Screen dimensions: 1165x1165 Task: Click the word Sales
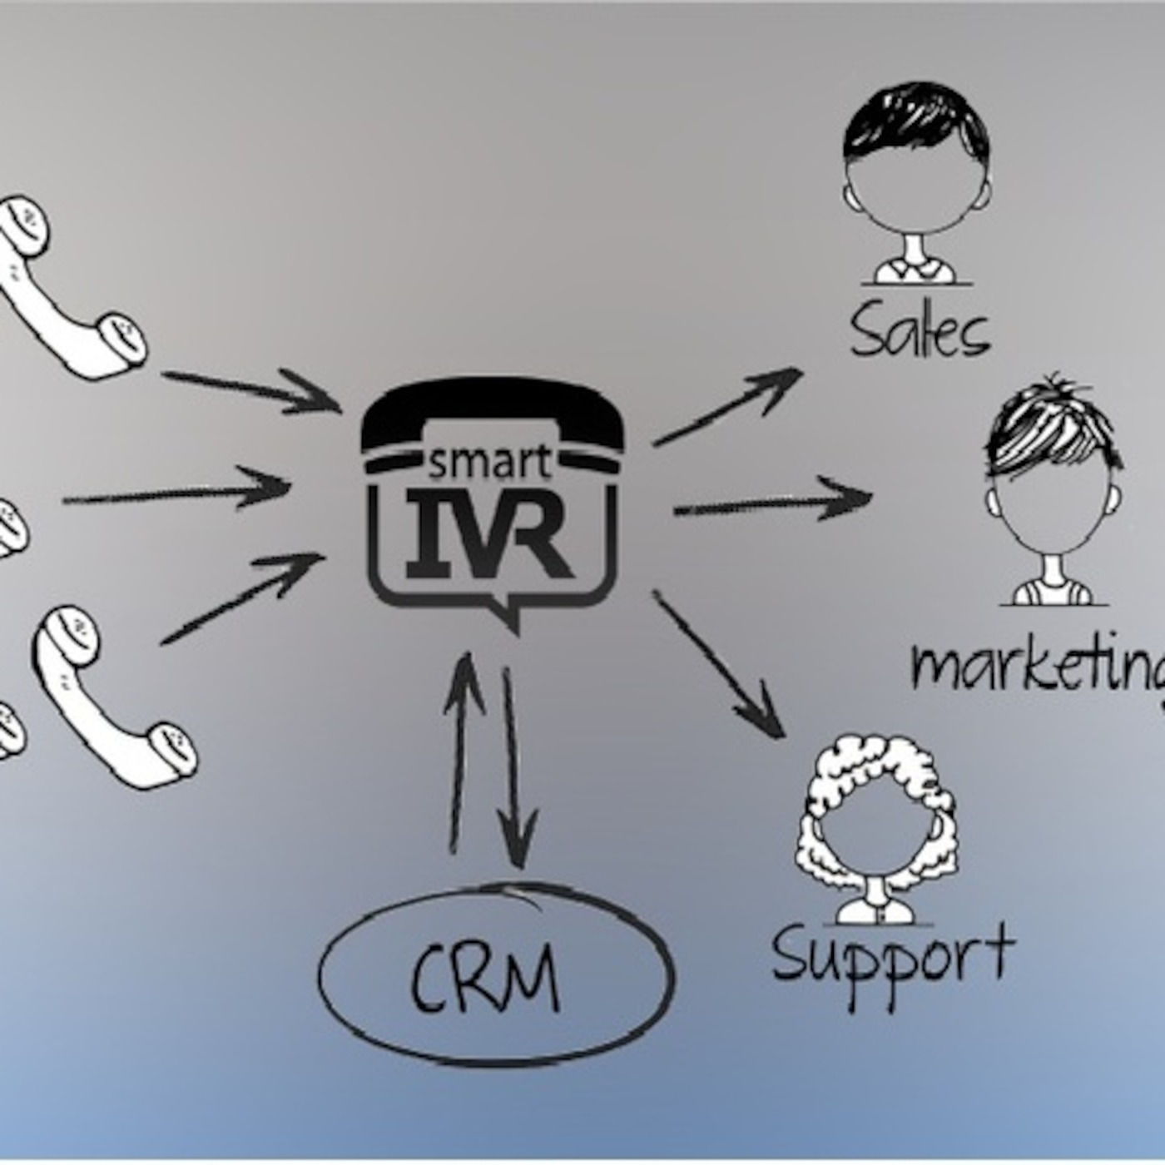click(x=920, y=330)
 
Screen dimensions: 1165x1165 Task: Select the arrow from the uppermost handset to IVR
click(x=250, y=390)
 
